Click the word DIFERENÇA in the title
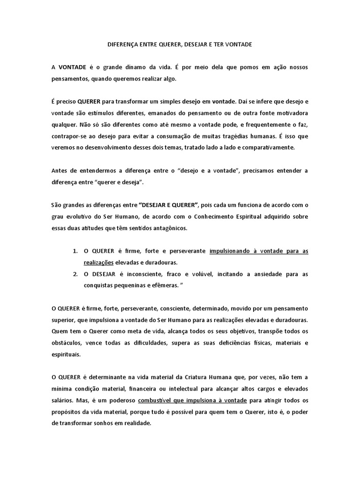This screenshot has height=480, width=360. pyautogui.click(x=120, y=45)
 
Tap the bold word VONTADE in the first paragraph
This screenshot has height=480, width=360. pyautogui.click(x=72, y=67)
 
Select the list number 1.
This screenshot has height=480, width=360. pyautogui.click(x=75, y=251)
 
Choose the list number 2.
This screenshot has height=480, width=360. pyautogui.click(x=75, y=274)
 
